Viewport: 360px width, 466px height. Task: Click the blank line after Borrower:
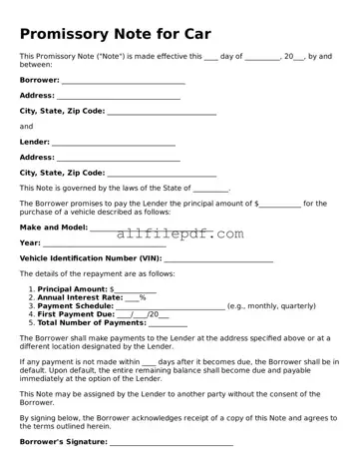123,81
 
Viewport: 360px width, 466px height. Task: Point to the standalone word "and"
26,127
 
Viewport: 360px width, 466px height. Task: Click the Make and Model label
53,227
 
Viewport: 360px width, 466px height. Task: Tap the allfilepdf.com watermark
180,234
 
